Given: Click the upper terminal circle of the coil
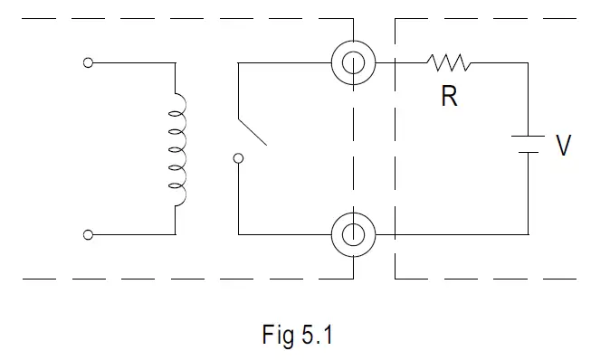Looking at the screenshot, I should click(88, 63).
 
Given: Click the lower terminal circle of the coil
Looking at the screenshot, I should click(88, 235).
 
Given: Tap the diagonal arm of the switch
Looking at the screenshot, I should click(252, 130).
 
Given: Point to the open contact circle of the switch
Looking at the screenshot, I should click(238, 159).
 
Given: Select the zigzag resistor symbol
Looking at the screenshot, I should click(449, 63).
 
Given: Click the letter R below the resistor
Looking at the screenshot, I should click(450, 97).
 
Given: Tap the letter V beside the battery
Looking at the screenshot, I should click(563, 145).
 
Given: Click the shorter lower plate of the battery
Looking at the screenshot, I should click(528, 153).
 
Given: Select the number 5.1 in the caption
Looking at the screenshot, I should click(317, 336).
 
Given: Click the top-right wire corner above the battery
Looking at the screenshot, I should click(528, 63).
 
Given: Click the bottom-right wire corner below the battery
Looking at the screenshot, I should click(528, 235).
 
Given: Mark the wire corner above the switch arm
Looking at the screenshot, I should click(238, 63).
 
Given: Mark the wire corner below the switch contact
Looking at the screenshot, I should click(238, 235).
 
